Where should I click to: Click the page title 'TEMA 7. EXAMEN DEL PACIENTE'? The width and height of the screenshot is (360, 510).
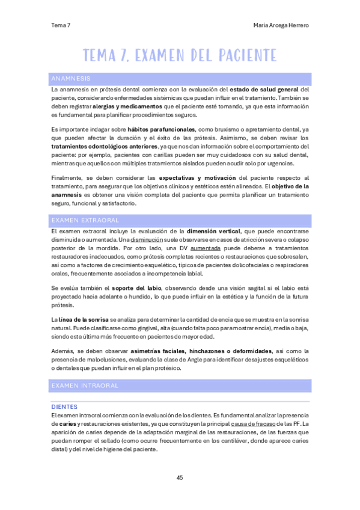pos(180,55)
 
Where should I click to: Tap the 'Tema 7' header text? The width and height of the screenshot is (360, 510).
pos(61,25)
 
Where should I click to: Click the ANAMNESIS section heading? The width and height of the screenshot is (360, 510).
pos(71,79)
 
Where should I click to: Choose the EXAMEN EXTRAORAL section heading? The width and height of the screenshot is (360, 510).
pos(85,220)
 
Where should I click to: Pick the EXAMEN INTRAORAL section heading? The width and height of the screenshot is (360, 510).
pos(85,385)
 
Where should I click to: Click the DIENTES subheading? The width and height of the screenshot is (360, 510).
pos(65,407)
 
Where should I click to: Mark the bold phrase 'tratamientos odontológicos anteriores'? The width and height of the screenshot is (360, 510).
pos(105,146)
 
